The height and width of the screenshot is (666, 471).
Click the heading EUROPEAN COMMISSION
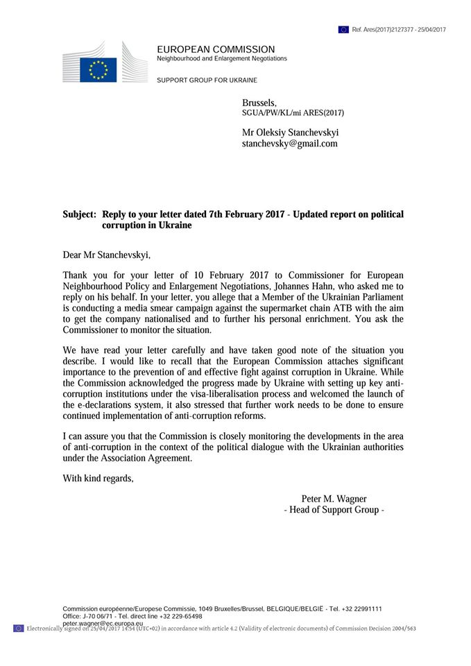pos(216,49)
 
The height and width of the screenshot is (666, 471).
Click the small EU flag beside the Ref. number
pos(343,30)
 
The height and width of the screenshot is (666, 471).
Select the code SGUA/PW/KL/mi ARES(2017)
pos(293,113)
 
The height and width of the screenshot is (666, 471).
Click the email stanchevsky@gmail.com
pos(289,144)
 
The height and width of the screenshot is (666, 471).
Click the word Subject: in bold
pos(80,215)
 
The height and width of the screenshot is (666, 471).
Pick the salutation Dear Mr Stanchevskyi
pos(106,255)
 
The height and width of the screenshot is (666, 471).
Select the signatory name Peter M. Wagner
pos(334,499)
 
